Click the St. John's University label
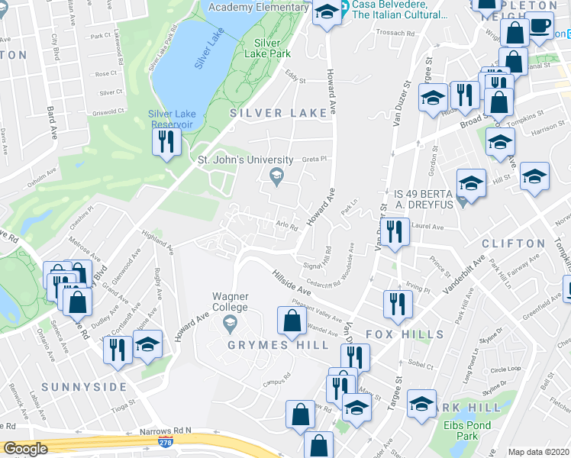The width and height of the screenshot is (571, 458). click(246, 160)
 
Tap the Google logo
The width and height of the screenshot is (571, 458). click(26, 449)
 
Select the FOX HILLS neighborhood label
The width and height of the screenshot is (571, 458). click(405, 334)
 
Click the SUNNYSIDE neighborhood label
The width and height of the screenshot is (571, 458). click(84, 387)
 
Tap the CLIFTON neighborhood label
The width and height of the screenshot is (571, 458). click(514, 243)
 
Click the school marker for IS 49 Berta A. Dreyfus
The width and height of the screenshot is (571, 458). click(471, 183)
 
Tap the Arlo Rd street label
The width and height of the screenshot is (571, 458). click(286, 224)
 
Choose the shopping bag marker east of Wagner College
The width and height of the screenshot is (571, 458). click(292, 320)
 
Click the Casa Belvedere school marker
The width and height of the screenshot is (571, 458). click(327, 11)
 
